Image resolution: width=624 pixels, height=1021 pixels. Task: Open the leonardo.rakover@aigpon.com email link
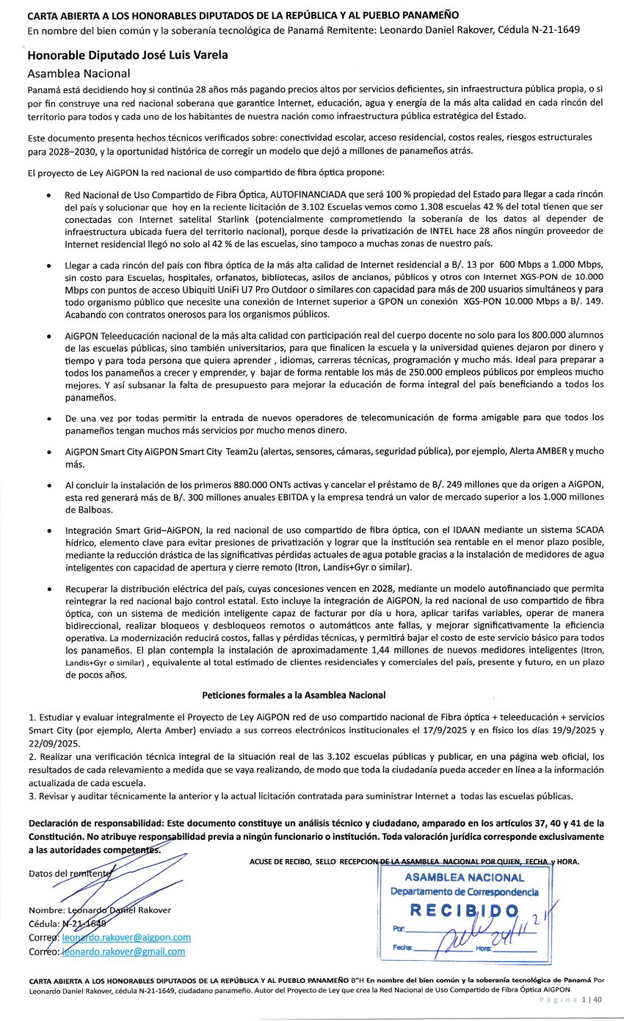tap(126, 937)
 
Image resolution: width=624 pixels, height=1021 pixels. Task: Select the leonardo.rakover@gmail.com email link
tap(123, 951)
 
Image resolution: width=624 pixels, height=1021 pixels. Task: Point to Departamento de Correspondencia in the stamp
tap(464, 892)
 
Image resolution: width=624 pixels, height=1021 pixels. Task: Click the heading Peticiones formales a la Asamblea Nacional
tap(294, 695)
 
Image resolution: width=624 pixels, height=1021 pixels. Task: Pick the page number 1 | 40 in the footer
tap(591, 998)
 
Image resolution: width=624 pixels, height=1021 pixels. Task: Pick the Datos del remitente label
tap(70, 874)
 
